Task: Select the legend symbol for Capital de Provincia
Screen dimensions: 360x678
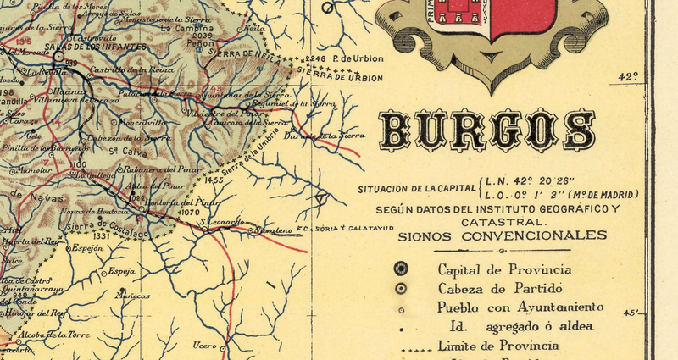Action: [x=401, y=269]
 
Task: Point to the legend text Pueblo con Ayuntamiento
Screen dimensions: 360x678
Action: [x=520, y=307]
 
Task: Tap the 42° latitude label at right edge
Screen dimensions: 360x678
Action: [x=627, y=76]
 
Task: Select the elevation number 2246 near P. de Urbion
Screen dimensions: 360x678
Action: [x=314, y=58]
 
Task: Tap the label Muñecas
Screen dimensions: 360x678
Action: [x=132, y=296]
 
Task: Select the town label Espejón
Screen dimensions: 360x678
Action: [x=86, y=248]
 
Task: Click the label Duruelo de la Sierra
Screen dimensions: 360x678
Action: [x=324, y=135]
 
